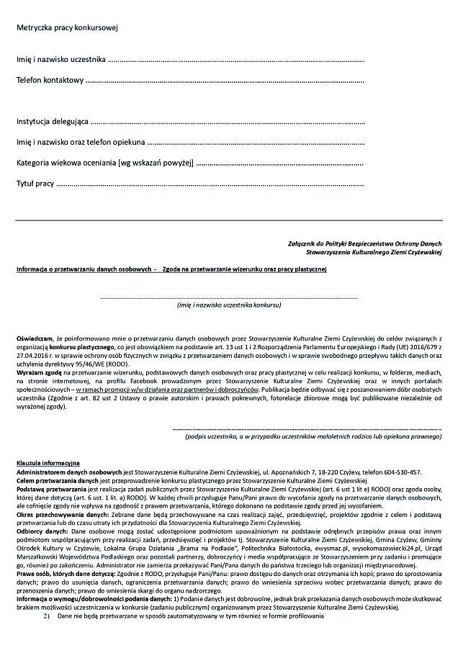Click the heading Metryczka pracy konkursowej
68,28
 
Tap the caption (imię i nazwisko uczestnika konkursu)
229,305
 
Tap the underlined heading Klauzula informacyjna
49,462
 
